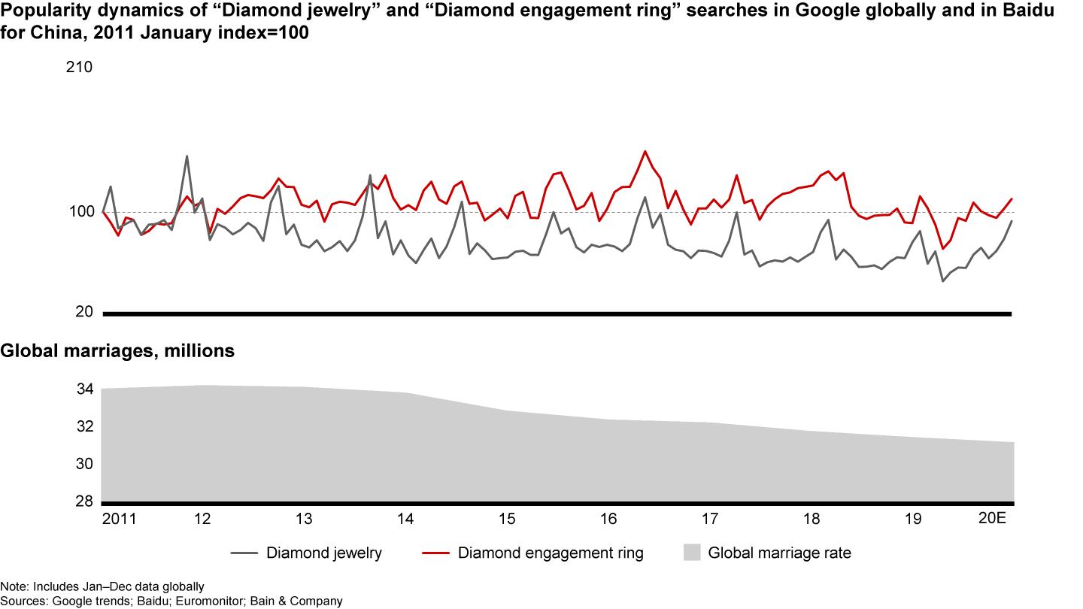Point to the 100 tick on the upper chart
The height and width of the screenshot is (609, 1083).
pyautogui.click(x=81, y=212)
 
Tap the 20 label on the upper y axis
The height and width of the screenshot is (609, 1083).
pyautogui.click(x=84, y=313)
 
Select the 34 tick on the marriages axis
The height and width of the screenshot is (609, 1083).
pyautogui.click(x=84, y=389)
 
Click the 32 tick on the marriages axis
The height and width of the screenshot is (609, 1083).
pyautogui.click(x=84, y=427)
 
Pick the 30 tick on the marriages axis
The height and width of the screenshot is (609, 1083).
pyautogui.click(x=84, y=465)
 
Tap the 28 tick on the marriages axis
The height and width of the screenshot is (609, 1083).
pyautogui.click(x=84, y=501)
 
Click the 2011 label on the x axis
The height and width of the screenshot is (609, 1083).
pyautogui.click(x=119, y=519)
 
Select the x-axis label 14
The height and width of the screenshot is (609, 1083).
pyautogui.click(x=405, y=519)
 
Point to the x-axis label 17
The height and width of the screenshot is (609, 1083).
pyautogui.click(x=710, y=519)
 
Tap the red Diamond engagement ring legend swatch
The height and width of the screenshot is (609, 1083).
pyautogui.click(x=435, y=554)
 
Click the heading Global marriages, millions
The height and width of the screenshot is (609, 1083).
pyautogui.click(x=118, y=351)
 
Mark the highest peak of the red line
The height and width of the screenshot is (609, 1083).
pyautogui.click(x=645, y=151)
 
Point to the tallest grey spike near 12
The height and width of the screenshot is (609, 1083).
pyautogui.click(x=187, y=156)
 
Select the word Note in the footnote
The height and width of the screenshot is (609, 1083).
pyautogui.click(x=11, y=586)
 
